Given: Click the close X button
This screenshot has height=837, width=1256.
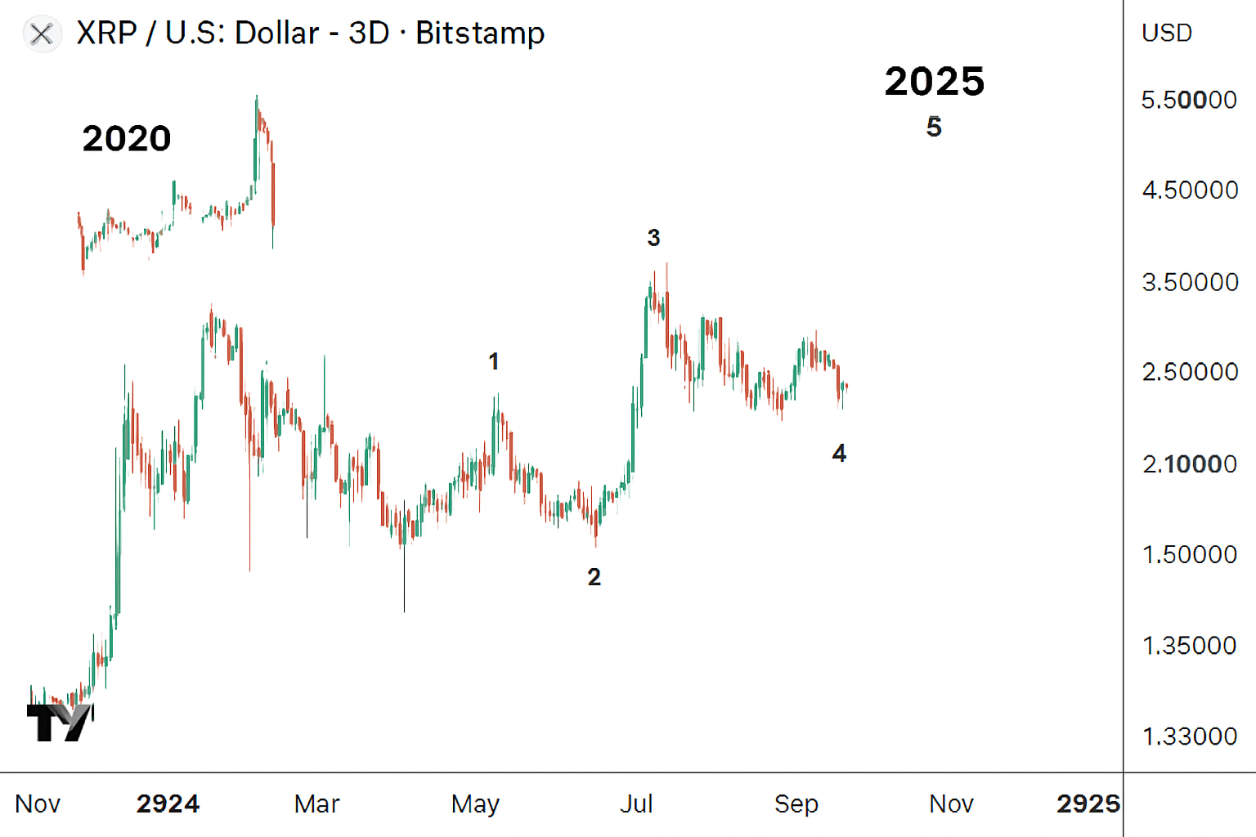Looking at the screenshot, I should (x=42, y=34).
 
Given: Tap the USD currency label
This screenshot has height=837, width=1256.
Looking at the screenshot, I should (x=1167, y=34).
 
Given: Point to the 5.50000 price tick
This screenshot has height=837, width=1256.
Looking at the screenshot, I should (x=1189, y=101).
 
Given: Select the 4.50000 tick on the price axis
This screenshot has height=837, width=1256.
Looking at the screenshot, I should (x=1190, y=190).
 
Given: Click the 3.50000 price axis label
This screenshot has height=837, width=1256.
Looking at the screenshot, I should (x=1190, y=283).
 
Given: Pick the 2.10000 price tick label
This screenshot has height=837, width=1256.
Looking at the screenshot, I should (x=1189, y=464).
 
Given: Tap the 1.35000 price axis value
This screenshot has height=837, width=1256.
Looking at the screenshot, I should (x=1189, y=646).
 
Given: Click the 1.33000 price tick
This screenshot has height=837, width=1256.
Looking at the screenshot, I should (x=1189, y=736).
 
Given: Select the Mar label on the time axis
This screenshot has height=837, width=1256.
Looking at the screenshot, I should (x=316, y=804).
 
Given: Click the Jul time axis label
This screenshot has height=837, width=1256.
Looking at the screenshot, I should (x=636, y=804).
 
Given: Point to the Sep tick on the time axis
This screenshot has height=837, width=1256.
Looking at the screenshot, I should (x=796, y=804).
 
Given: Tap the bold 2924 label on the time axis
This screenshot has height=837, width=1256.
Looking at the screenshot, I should (x=168, y=804).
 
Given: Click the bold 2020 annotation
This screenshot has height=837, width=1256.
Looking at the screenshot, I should (x=127, y=139).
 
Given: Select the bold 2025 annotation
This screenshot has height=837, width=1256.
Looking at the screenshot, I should (x=935, y=82).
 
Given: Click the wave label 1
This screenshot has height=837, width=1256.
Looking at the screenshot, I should (x=494, y=361).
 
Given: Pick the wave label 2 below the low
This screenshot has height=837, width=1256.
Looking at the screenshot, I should (x=594, y=577).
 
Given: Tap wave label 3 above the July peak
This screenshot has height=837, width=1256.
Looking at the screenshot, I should (x=653, y=238).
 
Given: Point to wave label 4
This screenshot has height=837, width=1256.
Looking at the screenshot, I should (x=839, y=454).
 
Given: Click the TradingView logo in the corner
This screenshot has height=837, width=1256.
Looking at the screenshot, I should (x=60, y=722).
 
